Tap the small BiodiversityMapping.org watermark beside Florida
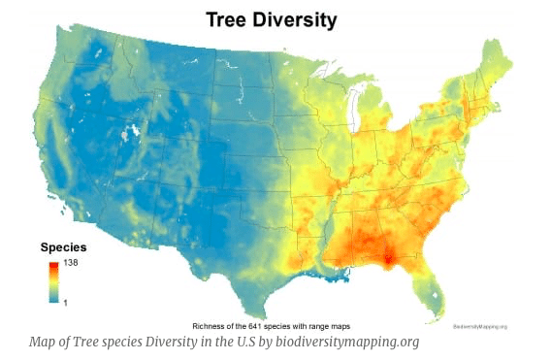(x=479, y=325)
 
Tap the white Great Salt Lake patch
(x=124, y=133)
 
